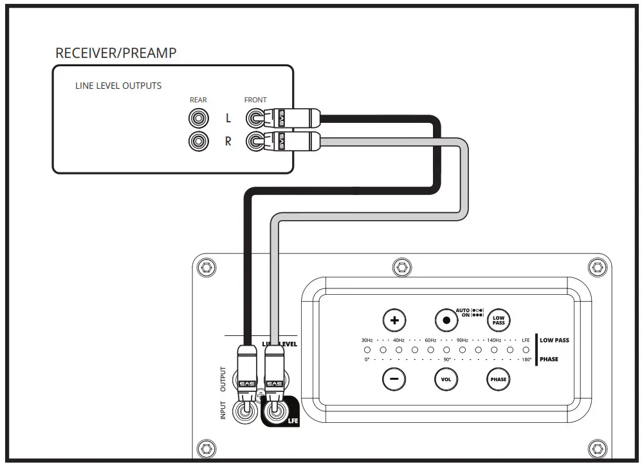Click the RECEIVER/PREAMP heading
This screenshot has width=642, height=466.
116,53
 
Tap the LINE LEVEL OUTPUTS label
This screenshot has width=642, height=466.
118,86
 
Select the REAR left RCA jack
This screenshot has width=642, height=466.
198,118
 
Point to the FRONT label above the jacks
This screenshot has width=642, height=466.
255,100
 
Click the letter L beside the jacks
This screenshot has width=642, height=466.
228,119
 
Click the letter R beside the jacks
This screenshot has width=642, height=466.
228,142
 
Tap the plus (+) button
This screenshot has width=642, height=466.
394,320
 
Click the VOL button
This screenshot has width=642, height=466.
446,379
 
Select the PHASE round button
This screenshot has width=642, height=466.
498,379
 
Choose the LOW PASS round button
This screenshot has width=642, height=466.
498,320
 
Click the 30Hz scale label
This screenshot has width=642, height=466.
367,340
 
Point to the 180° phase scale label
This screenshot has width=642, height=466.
527,360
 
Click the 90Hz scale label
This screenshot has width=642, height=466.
462,340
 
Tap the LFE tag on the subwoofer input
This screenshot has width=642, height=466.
293,421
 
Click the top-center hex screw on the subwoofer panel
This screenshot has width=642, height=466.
401,265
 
